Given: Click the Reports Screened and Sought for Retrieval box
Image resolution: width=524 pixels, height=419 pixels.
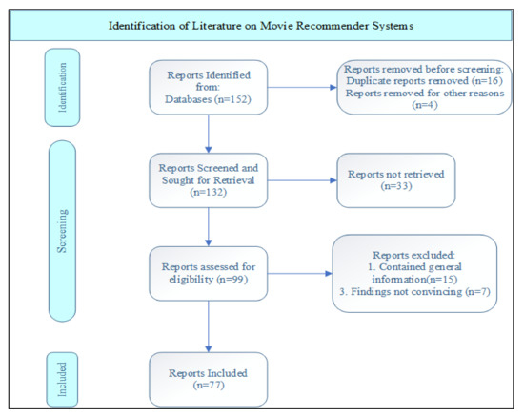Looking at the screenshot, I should pos(207,178).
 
